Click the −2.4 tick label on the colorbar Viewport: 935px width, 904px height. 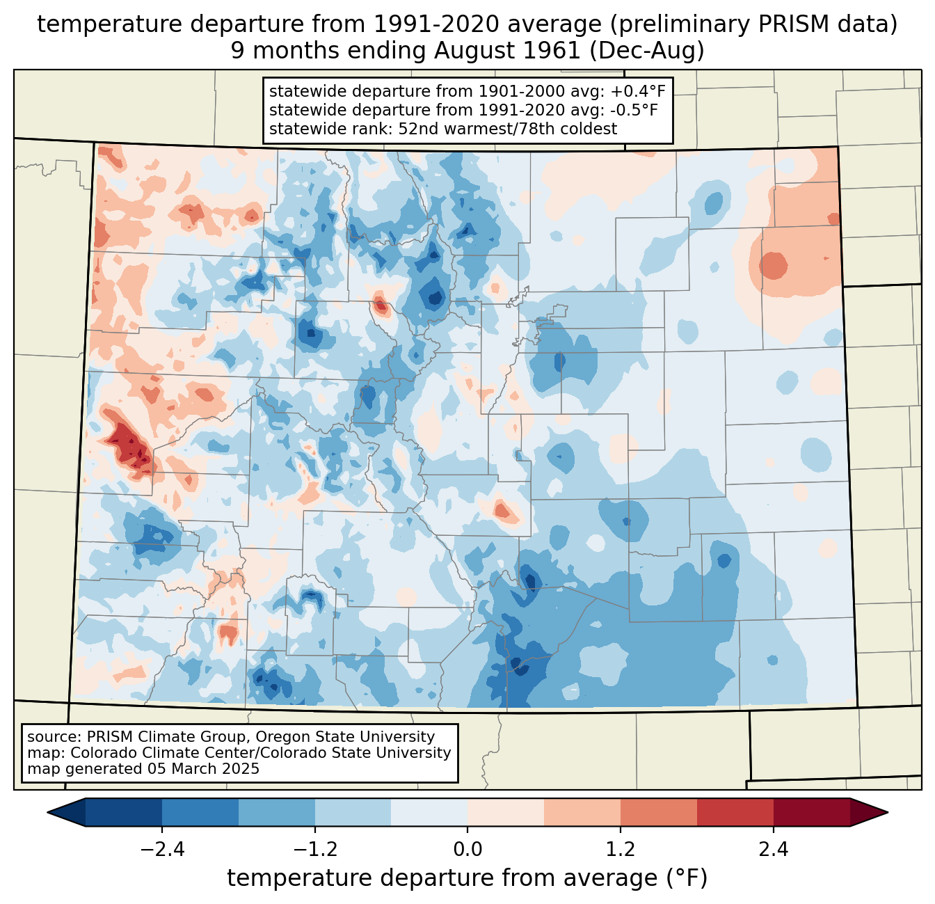pyautogui.click(x=161, y=850)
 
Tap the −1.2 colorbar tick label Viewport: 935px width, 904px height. pyautogui.click(x=314, y=850)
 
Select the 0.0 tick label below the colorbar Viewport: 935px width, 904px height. pyautogui.click(x=467, y=850)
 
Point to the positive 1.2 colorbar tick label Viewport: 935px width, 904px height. pyautogui.click(x=621, y=850)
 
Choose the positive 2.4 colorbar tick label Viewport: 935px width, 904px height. pyautogui.click(x=773, y=850)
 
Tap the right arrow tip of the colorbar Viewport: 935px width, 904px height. pyautogui.click(x=886, y=812)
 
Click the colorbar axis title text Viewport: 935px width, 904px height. pyautogui.click(x=467, y=878)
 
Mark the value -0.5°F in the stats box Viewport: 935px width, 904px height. pyautogui.click(x=630, y=110)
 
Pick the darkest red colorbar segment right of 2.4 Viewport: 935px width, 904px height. pyautogui.click(x=811, y=812)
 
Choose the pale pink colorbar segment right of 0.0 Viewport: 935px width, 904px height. pyautogui.click(x=506, y=812)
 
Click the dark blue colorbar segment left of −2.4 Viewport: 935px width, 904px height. pyautogui.click(x=124, y=812)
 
